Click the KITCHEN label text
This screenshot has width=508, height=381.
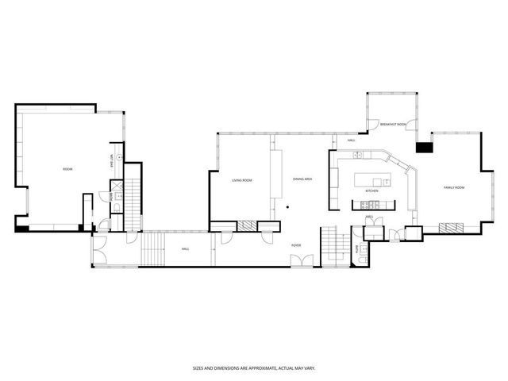pos(371,191)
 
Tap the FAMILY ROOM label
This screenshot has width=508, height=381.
pos(453,187)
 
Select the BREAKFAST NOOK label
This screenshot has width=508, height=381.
pos(392,125)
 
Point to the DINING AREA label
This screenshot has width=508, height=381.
pos(302,179)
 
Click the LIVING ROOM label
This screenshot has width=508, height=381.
pos(241,180)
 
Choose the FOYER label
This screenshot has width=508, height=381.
pos(295,245)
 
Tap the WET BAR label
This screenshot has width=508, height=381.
pos(112,159)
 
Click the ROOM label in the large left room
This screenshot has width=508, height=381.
pos(67,169)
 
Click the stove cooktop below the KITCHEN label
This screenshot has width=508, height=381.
pos(371,204)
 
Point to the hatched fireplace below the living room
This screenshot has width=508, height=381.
pos(249,225)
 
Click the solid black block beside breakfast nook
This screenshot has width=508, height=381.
pos(423,147)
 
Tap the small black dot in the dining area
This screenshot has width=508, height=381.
pos(288,208)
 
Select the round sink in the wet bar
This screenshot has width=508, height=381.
pos(119,157)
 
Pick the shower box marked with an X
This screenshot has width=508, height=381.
pos(116,189)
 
